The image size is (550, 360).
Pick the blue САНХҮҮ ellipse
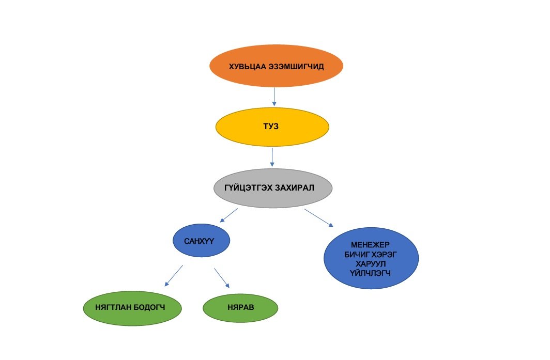click(x=201, y=240)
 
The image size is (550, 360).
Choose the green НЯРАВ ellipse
click(x=240, y=307)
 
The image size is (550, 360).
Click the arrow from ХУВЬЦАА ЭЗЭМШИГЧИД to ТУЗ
click(x=274, y=97)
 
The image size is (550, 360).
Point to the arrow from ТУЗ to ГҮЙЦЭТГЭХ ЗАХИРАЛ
click(x=272, y=157)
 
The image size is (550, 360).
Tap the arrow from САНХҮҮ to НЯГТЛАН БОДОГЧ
click(x=174, y=276)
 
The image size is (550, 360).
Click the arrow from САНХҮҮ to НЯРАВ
click(x=222, y=277)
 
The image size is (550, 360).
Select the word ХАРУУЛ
click(x=371, y=263)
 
